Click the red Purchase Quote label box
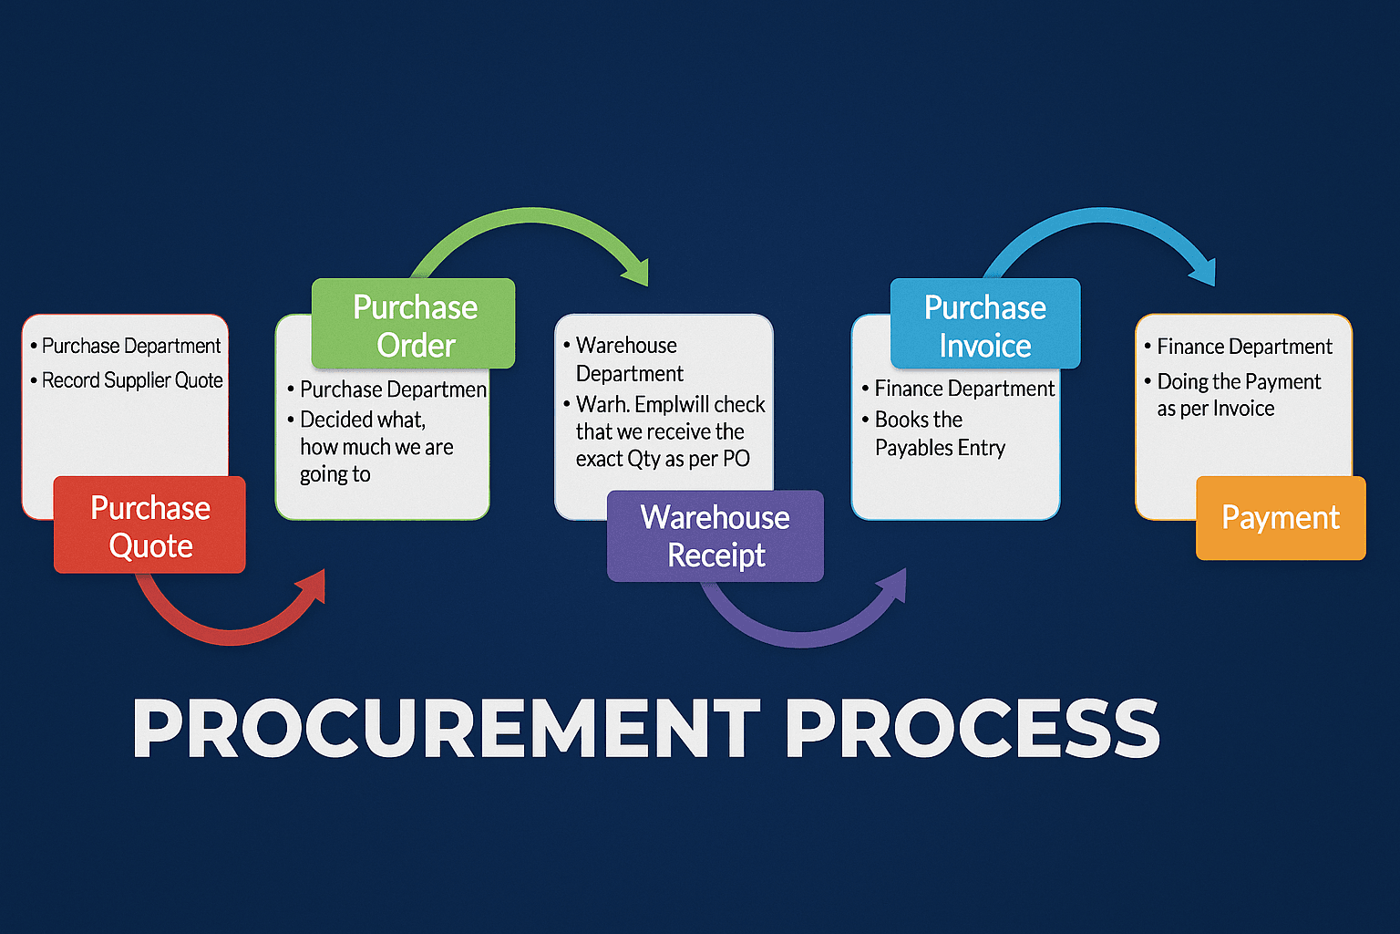tap(149, 525)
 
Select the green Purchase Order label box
tap(414, 325)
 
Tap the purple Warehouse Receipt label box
tap(715, 535)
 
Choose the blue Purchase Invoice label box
tap(985, 325)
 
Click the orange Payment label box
tap(1281, 518)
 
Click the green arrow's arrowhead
tap(636, 271)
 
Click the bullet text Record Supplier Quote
tap(132, 380)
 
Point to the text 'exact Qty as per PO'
tap(663, 459)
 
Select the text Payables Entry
tap(940, 448)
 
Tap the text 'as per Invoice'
tap(1216, 409)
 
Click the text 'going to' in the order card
tap(335, 474)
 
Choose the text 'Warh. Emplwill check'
tap(670, 404)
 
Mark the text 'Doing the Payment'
tap(1239, 381)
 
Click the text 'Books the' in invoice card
tap(919, 420)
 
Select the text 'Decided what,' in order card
tap(363, 420)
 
